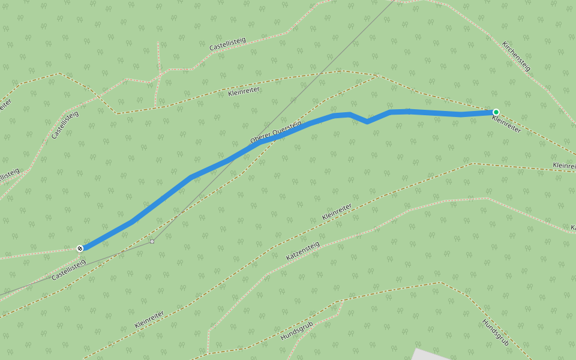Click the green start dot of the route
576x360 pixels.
pyautogui.click(x=496, y=112)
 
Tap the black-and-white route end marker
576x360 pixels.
pyautogui.click(x=80, y=248)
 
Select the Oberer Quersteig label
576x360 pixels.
pyautogui.click(x=276, y=132)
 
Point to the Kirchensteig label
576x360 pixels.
pyautogui.click(x=517, y=56)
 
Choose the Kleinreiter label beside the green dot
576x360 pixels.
pyautogui.click(x=506, y=124)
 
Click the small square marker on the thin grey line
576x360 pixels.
pyautogui.click(x=152, y=241)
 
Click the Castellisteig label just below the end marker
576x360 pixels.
pyautogui.click(x=69, y=270)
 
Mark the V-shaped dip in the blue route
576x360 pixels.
pyautogui.click(x=367, y=121)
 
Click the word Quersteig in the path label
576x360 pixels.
pyautogui.click(x=287, y=128)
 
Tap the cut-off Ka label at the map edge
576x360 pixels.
pyautogui.click(x=573, y=228)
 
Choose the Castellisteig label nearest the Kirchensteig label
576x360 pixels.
pyautogui.click(x=227, y=44)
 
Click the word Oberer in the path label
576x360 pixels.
pyautogui.click(x=262, y=139)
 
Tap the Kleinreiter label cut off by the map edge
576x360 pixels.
pyautogui.click(x=564, y=165)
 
